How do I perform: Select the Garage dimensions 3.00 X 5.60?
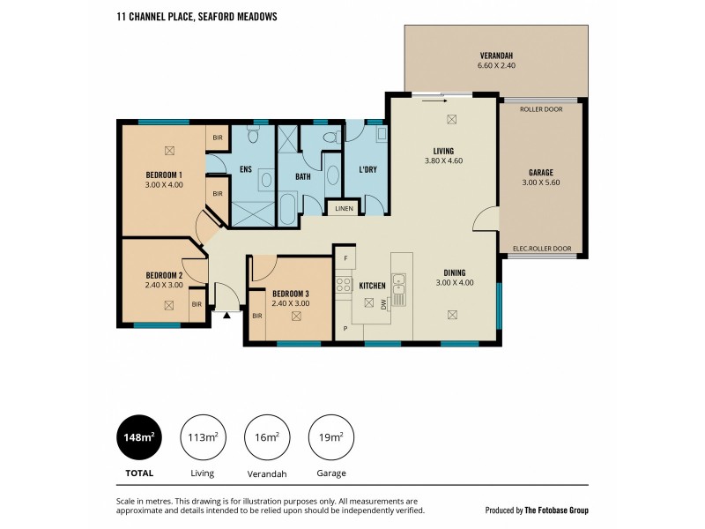coord(541,183)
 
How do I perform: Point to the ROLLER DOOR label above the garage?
coord(541,110)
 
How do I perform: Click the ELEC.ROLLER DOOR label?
coord(541,249)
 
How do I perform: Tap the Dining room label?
coord(455,272)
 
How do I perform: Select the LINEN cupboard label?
coord(343,209)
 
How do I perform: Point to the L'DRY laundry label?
coord(367,169)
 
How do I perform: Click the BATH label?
coord(302,176)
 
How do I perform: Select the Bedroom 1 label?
coord(164,175)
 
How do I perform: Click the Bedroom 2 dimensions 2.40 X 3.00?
coord(163,286)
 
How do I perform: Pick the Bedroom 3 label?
coord(290,294)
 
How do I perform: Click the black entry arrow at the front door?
coord(226,313)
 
